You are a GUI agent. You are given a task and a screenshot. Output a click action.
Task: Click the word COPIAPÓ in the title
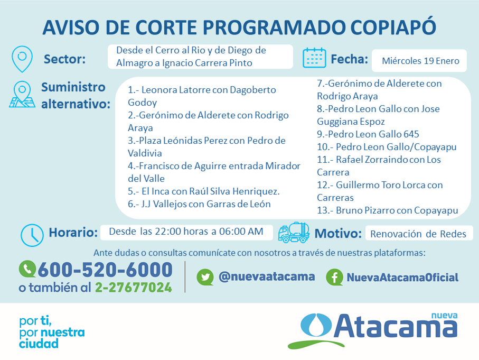393,27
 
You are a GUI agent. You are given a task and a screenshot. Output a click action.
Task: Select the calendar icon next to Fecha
314,58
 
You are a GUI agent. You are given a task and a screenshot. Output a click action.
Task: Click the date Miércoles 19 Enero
420,61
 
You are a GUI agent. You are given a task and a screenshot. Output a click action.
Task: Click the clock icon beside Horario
32,235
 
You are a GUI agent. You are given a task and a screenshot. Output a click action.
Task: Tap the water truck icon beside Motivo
294,233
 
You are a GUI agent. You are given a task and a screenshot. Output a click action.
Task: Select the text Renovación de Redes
418,234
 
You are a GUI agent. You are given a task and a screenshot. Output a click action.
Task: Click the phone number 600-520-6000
105,270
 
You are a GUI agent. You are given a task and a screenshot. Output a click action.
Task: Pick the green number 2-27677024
134,288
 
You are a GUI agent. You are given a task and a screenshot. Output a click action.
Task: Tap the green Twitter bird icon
205,277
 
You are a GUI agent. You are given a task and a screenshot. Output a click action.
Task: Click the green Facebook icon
334,277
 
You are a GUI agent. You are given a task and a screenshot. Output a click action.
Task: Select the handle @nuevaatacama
267,276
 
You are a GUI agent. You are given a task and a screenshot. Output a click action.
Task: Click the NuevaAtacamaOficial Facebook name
402,278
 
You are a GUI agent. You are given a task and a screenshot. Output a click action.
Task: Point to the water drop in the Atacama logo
316,325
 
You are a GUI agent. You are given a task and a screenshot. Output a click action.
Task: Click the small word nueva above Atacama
444,316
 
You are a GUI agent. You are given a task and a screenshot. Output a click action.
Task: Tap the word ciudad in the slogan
39,344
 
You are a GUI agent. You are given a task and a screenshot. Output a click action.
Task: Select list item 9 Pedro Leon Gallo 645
368,134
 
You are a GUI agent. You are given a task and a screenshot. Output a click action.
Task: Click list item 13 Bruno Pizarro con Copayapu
387,210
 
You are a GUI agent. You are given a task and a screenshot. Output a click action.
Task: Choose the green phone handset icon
27,269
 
